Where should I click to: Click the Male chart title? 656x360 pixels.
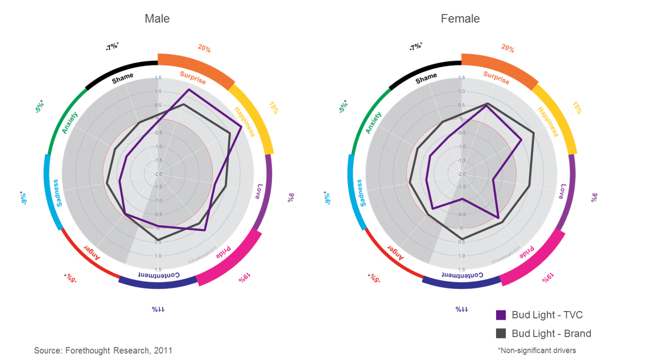point(157,19)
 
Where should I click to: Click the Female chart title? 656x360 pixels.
point(460,19)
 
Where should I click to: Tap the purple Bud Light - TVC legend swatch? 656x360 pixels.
point(501,315)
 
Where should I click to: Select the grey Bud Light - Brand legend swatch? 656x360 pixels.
point(501,333)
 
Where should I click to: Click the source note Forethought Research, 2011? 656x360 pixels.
point(103,350)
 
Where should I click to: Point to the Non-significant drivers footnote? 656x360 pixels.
point(537,350)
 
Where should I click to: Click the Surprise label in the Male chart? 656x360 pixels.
point(193,77)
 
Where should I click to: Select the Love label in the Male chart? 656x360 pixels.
point(259,191)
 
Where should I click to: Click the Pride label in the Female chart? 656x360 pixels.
point(527,252)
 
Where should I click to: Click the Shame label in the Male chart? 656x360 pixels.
point(122,77)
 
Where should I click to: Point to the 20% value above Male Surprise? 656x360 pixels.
point(204,49)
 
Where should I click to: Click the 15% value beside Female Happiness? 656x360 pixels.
point(578,108)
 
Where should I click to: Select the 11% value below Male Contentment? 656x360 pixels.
point(158,309)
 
